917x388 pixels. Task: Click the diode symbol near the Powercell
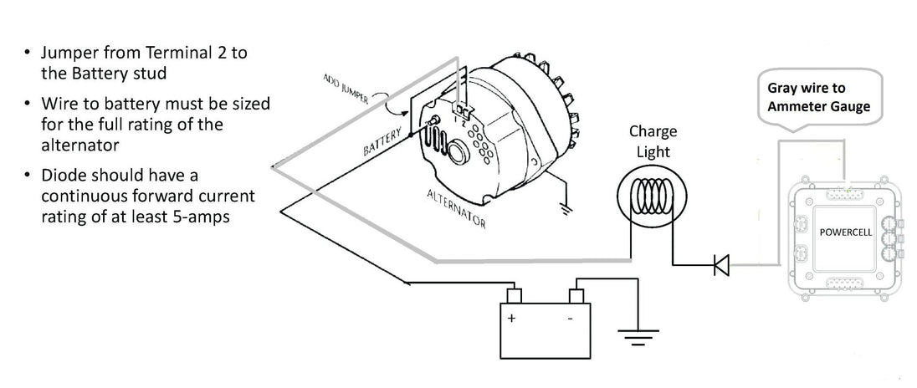[x=721, y=265]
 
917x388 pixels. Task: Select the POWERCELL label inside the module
[x=845, y=232]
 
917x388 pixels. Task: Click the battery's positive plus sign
[x=512, y=319]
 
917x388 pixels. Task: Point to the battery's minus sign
[x=571, y=319]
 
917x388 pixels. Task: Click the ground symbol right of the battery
[x=638, y=337]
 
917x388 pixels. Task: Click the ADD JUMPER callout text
[x=346, y=89]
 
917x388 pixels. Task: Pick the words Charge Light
[x=653, y=141]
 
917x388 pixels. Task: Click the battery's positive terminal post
[x=514, y=295]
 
